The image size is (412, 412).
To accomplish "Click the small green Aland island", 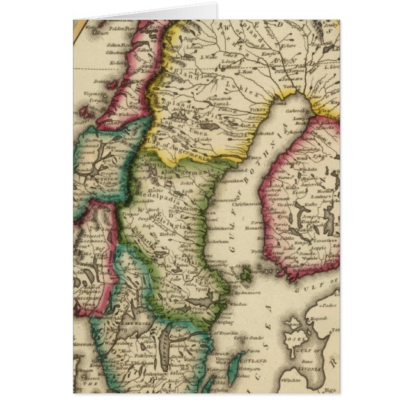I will click(245, 273).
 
